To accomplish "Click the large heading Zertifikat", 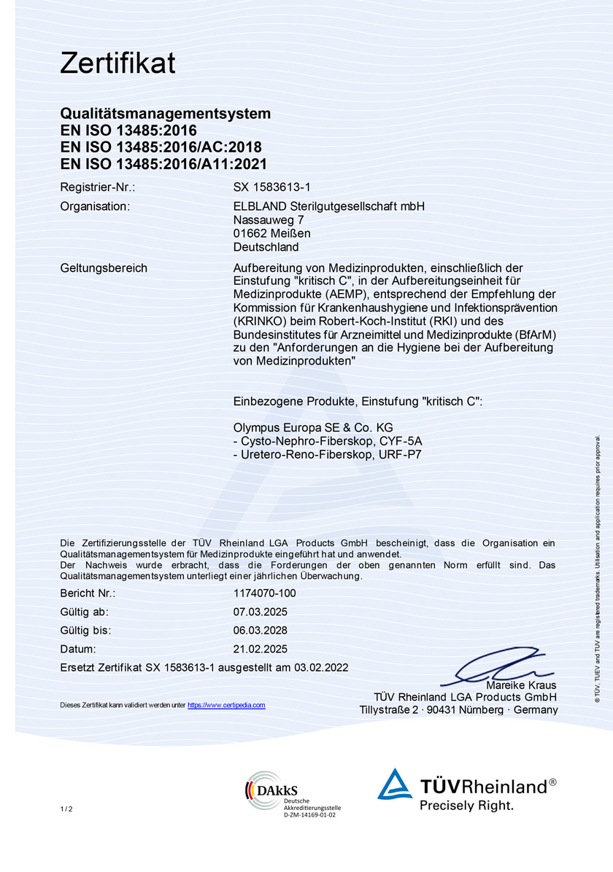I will click(x=117, y=63).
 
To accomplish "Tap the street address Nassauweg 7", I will click(x=269, y=219).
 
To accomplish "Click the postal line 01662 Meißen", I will click(x=272, y=233).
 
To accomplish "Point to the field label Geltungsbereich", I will click(x=104, y=268).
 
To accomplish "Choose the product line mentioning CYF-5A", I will click(x=328, y=441).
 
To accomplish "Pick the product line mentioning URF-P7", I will click(x=328, y=455).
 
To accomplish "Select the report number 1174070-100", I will click(x=265, y=593).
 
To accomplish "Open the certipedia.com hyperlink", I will click(x=226, y=705).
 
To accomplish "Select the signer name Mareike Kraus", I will click(x=521, y=685).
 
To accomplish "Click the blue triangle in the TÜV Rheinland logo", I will click(x=395, y=785).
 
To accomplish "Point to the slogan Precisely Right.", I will click(x=466, y=806).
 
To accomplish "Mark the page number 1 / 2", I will click(x=66, y=809).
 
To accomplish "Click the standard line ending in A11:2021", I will click(x=163, y=164).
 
